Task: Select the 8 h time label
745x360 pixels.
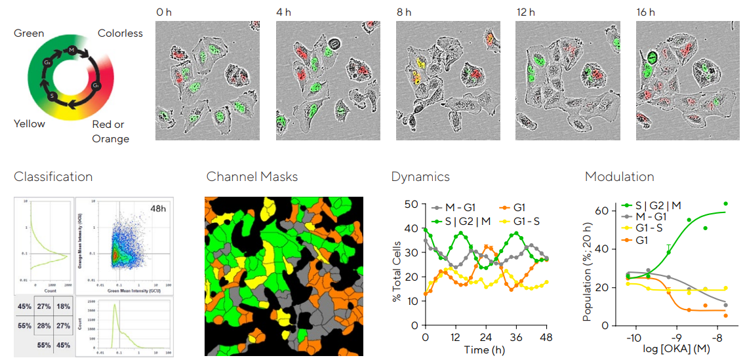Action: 403,12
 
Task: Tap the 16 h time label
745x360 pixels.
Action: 646,12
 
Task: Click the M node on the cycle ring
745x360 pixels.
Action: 71,50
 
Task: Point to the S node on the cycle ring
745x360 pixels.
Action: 52,96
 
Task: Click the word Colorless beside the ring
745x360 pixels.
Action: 120,33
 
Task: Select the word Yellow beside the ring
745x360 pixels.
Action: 30,124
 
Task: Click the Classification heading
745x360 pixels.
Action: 53,177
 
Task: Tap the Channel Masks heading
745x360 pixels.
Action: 252,177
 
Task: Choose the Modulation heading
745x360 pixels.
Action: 619,177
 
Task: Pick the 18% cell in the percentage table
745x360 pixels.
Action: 63,307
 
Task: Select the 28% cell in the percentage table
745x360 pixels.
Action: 43,326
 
